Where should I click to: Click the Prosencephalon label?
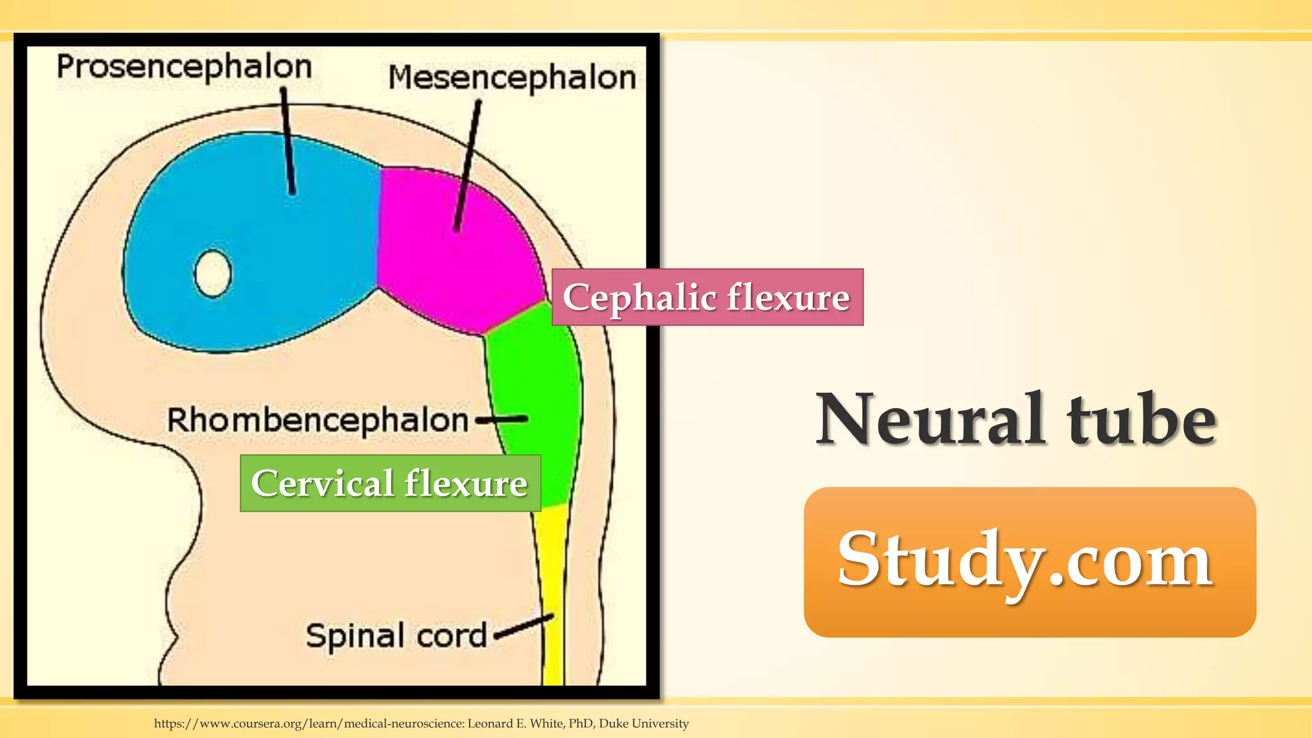tap(184, 67)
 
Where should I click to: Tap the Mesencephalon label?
tap(512, 78)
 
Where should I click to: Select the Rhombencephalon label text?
tap(318, 421)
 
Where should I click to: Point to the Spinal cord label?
tap(397, 635)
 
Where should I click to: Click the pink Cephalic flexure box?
tap(707, 297)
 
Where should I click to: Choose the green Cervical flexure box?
tap(389, 483)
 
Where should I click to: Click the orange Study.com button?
tap(1029, 562)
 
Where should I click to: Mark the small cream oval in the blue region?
tap(213, 274)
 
